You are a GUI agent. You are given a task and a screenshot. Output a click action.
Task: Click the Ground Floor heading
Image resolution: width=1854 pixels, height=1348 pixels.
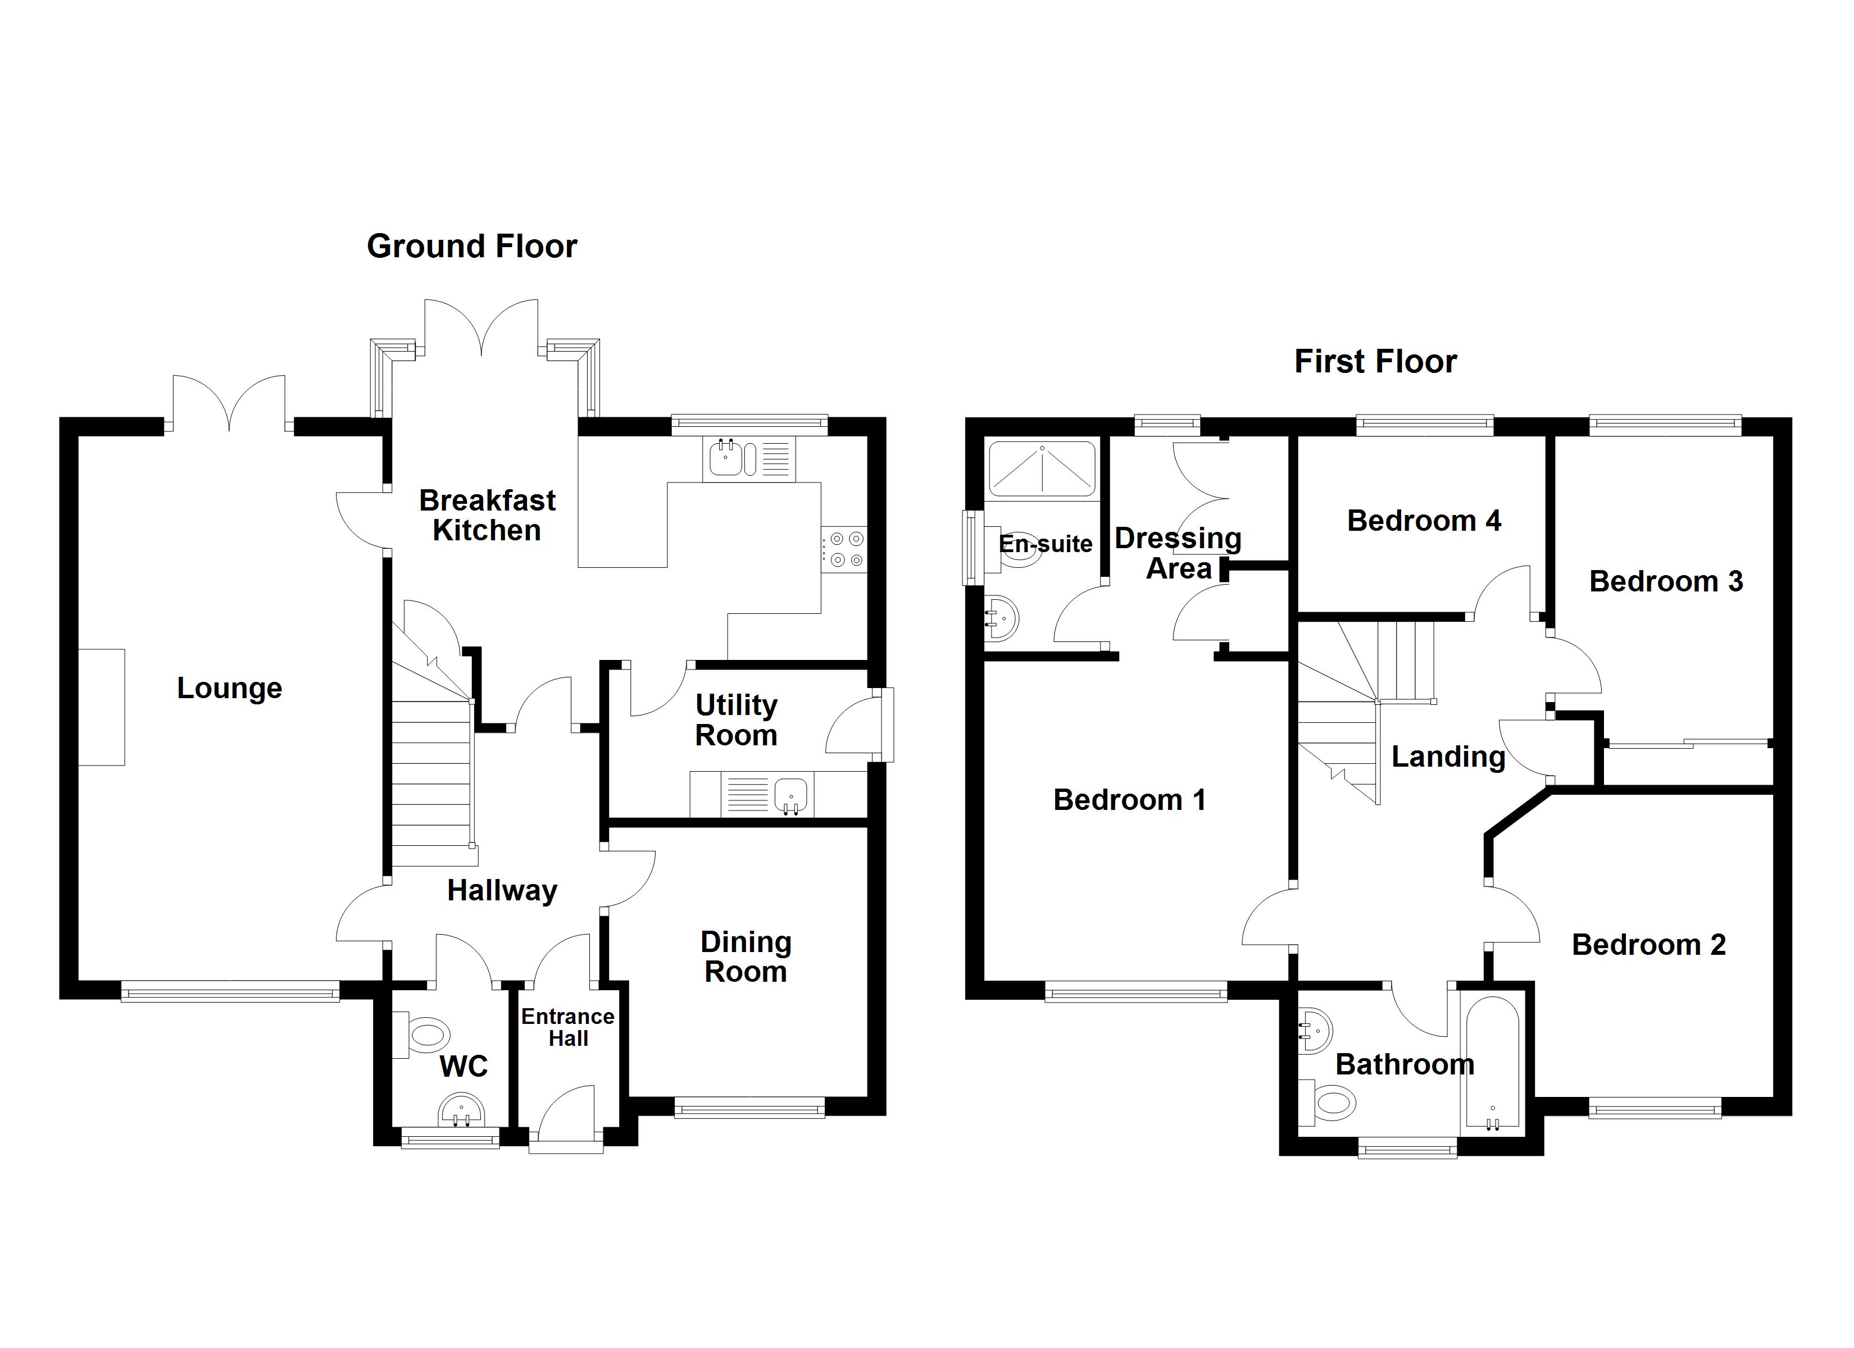pyautogui.click(x=472, y=246)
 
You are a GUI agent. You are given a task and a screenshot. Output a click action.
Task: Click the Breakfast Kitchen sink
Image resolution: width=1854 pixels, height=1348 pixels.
pyautogui.click(x=726, y=458)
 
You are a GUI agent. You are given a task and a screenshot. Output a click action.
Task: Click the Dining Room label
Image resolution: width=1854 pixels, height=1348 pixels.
pyautogui.click(x=746, y=957)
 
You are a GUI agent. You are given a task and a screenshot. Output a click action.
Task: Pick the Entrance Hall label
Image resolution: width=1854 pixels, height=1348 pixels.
pyautogui.click(x=567, y=1027)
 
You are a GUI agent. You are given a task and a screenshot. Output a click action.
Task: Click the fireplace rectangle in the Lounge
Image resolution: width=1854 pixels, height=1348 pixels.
pyautogui.click(x=101, y=707)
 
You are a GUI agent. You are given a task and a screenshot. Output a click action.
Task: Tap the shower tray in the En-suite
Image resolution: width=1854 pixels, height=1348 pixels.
pyautogui.click(x=1042, y=469)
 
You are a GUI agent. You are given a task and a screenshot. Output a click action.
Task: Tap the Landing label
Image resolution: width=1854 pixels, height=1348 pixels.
pyautogui.click(x=1448, y=757)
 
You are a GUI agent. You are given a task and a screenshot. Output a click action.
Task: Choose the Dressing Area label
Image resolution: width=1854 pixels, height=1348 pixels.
pyautogui.click(x=1178, y=553)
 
